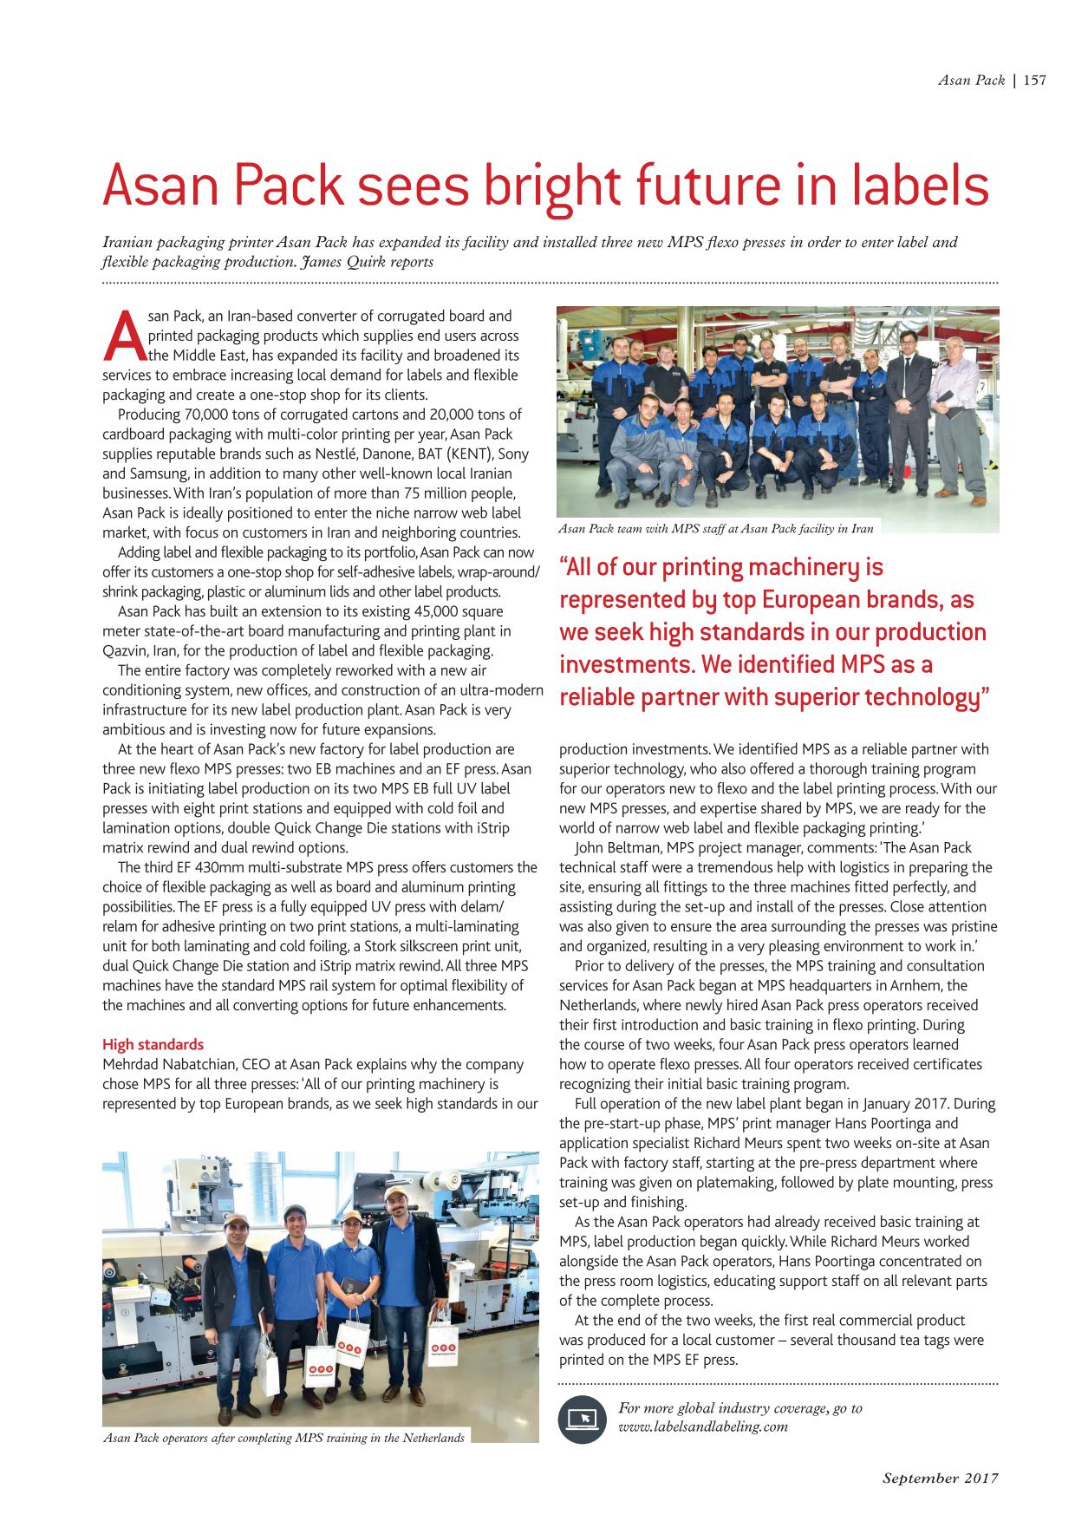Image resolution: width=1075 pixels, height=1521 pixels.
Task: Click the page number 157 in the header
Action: pyautogui.click(x=1035, y=81)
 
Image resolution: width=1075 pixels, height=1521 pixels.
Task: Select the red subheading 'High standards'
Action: pyautogui.click(x=153, y=1044)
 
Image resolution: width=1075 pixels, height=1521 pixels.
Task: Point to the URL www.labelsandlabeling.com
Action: pyautogui.click(x=703, y=1426)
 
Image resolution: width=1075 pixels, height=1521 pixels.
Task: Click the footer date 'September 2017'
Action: pyautogui.click(x=941, y=1478)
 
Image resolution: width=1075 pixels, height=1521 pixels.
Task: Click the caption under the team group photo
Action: pyautogui.click(x=716, y=528)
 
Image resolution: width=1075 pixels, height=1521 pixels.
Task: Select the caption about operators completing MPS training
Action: pyautogui.click(x=283, y=1438)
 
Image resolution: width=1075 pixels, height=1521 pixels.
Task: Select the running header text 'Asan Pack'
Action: pyautogui.click(x=971, y=81)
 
